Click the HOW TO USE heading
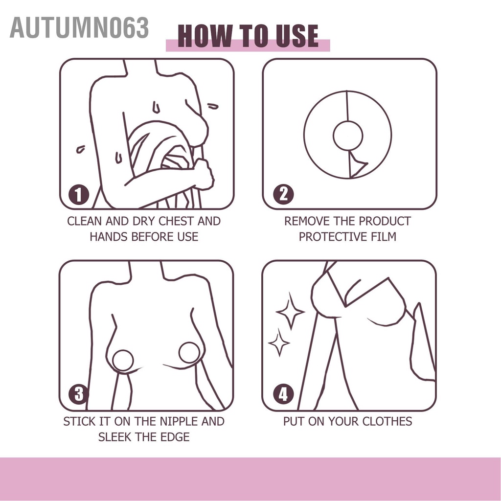[x=248, y=36]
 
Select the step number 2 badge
[x=283, y=195]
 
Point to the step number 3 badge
[x=79, y=394]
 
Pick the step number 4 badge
[x=283, y=394]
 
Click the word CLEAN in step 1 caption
[x=84, y=221]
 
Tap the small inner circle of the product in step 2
[x=348, y=136]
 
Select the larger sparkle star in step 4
[x=290, y=311]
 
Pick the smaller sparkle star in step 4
[x=279, y=343]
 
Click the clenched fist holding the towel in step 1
[x=203, y=174]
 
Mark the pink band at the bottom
[x=250, y=478]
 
